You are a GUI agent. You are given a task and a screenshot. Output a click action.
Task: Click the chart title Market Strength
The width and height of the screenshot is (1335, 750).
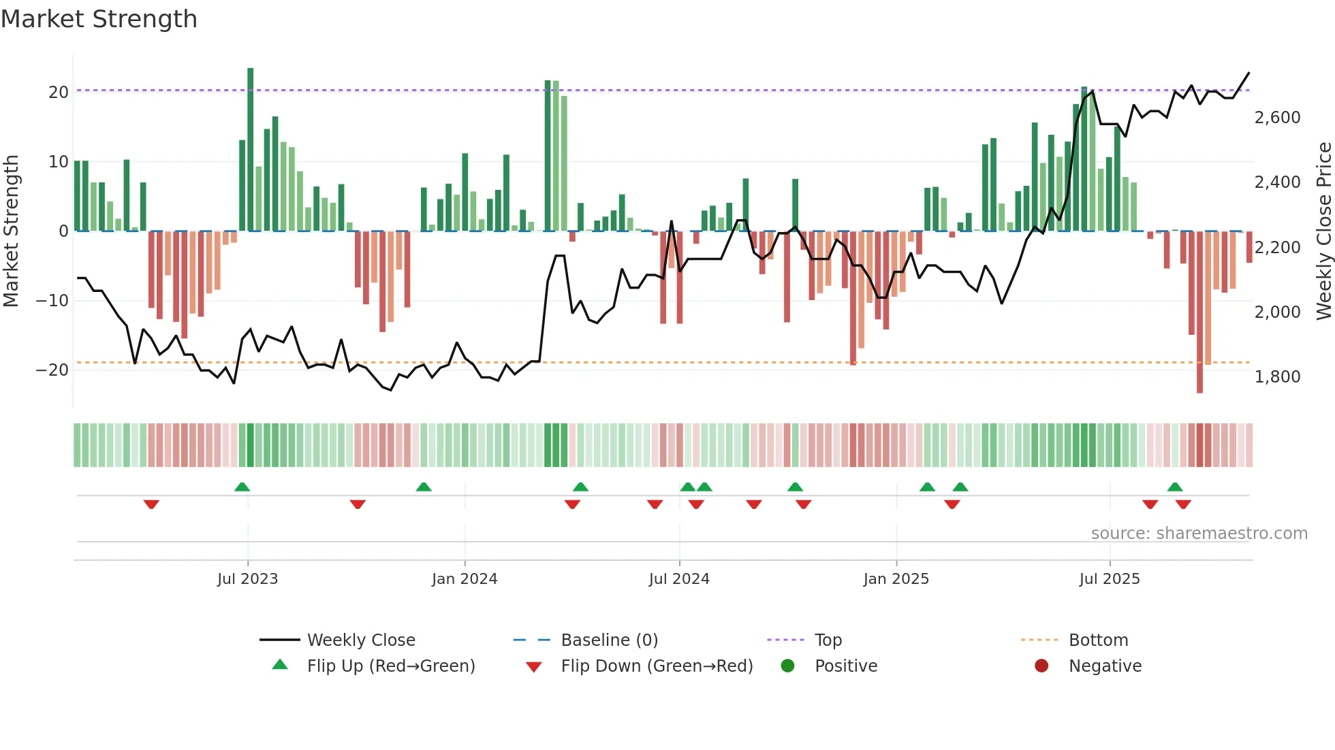pos(99,19)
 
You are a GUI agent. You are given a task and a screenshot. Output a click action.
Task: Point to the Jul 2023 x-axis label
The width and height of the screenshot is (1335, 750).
pos(247,579)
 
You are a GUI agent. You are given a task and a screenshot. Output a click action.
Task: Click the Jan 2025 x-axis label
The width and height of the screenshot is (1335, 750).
pos(896,579)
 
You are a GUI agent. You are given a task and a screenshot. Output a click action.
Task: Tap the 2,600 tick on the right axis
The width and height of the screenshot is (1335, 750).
pos(1277,118)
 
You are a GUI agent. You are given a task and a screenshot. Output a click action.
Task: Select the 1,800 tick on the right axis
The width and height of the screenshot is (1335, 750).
pos(1277,377)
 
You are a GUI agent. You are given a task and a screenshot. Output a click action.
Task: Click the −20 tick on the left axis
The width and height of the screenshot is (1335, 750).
pos(52,370)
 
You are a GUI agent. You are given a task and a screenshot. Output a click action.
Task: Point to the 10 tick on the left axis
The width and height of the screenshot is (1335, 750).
pos(58,162)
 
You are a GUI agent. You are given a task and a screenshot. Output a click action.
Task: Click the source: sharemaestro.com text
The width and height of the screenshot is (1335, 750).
pos(1199,534)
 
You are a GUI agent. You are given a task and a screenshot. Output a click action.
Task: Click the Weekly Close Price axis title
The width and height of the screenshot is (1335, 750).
pos(1323,231)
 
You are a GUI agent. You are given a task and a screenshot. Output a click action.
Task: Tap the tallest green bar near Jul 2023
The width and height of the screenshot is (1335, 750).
pos(251,150)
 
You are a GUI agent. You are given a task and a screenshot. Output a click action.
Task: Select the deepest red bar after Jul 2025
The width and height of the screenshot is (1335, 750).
pos(1199,313)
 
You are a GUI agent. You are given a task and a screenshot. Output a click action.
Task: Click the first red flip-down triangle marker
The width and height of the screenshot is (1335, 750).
pos(151,504)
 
